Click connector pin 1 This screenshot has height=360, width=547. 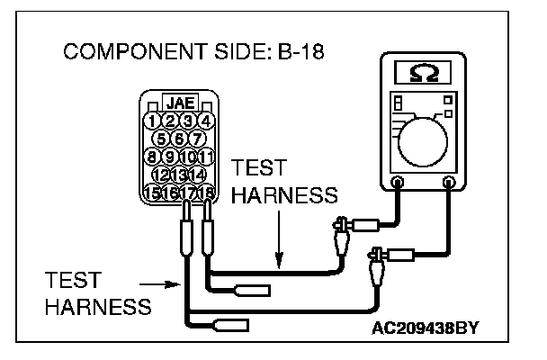click(x=154, y=121)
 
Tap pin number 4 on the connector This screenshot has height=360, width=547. click(x=206, y=121)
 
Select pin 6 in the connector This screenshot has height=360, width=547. click(x=179, y=138)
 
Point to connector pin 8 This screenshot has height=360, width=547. click(x=154, y=156)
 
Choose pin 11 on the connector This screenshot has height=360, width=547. click(x=206, y=156)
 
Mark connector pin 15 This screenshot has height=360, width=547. click(x=152, y=191)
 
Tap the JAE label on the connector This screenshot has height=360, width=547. click(x=180, y=104)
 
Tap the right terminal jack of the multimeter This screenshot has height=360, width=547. click(x=448, y=183)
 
